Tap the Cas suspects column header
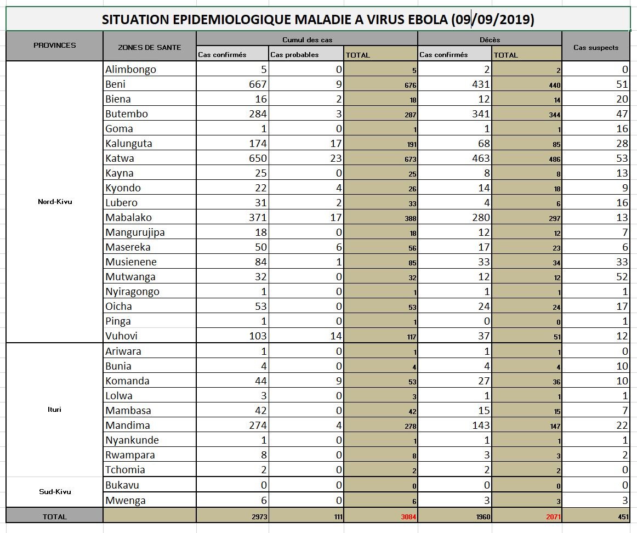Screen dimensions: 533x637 (596, 47)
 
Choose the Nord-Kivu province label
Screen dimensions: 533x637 (55, 202)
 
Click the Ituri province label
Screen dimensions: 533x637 (55, 410)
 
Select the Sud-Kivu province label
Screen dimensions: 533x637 (55, 491)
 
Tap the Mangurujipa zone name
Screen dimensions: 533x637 (135, 232)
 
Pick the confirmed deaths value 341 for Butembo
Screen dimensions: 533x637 (479, 114)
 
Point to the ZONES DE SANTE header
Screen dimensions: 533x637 (149, 47)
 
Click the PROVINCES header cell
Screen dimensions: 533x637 (55, 46)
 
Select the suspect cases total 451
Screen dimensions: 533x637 (624, 517)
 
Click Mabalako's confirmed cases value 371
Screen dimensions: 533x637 (257, 218)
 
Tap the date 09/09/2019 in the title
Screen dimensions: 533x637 (493, 20)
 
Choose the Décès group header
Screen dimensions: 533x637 (489, 39)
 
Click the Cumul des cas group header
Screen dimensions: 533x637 (307, 39)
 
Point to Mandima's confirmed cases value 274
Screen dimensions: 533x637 (257, 425)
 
